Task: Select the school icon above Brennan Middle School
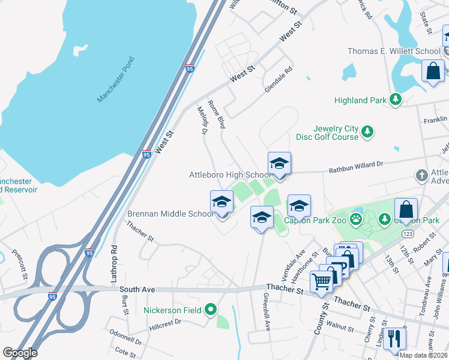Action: (x=221, y=202)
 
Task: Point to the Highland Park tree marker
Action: (x=395, y=100)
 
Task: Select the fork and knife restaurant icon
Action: (x=394, y=338)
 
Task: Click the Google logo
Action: (x=20, y=353)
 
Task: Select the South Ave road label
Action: (x=140, y=289)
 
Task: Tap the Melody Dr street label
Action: (x=202, y=120)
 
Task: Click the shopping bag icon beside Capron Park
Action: (x=406, y=211)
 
